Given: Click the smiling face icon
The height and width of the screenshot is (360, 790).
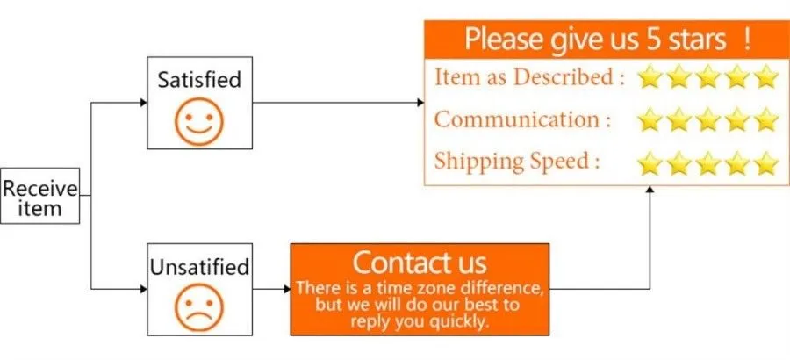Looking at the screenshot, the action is pyautogui.click(x=199, y=122).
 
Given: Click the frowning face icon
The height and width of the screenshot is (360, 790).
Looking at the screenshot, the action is pyautogui.click(x=199, y=308).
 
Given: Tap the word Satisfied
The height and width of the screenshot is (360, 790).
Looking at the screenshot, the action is pyautogui.click(x=199, y=80).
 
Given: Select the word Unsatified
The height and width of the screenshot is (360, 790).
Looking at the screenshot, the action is pyautogui.click(x=199, y=267).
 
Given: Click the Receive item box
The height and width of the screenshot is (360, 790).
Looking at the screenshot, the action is pyautogui.click(x=39, y=196).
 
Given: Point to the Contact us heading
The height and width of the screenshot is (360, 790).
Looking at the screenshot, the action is pyautogui.click(x=420, y=263).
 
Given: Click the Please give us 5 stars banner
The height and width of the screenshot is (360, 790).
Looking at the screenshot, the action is pyautogui.click(x=607, y=40).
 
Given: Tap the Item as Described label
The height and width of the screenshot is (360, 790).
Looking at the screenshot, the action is pyautogui.click(x=530, y=77).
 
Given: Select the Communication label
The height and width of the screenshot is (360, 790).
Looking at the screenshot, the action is pyautogui.click(x=523, y=119).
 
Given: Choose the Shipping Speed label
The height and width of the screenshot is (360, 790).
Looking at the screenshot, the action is pyautogui.click(x=517, y=161).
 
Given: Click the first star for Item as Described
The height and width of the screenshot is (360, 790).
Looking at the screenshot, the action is pyautogui.click(x=650, y=77).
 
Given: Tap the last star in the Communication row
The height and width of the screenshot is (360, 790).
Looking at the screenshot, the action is pyautogui.click(x=767, y=120).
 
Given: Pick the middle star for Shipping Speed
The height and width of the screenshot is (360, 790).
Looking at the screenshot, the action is pyautogui.click(x=708, y=162).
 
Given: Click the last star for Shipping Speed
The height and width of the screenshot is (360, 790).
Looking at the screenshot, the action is pyautogui.click(x=767, y=162).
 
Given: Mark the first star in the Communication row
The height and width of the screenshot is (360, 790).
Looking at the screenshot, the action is pyautogui.click(x=650, y=120).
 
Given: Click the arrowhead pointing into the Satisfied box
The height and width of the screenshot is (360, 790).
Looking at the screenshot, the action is pyautogui.click(x=144, y=103).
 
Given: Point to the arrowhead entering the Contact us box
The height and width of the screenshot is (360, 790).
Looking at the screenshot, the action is pyautogui.click(x=287, y=289).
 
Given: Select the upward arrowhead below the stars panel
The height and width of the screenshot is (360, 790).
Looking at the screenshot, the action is pyautogui.click(x=650, y=190).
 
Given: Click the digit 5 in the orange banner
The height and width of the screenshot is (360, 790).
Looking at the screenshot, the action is pyautogui.click(x=653, y=40).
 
